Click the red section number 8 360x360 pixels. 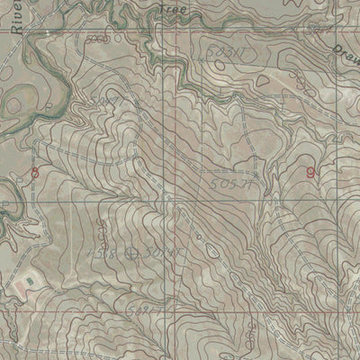35,172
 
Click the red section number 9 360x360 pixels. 310,171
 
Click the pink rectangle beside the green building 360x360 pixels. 16,287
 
